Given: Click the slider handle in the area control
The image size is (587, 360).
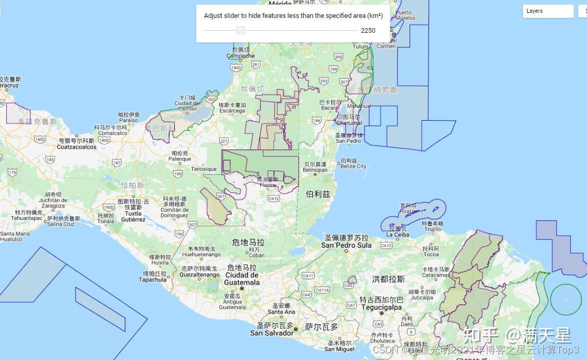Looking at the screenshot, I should click(x=241, y=31).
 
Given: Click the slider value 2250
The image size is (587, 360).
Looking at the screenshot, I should click(x=368, y=31).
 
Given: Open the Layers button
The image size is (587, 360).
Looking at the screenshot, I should click(x=548, y=11).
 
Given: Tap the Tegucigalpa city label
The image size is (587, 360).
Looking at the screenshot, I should click(x=381, y=307).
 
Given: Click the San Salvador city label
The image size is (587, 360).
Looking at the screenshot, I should click(x=272, y=333).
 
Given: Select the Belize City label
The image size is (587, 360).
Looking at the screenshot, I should click(x=353, y=166).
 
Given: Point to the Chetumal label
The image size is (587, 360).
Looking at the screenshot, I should click(x=349, y=123).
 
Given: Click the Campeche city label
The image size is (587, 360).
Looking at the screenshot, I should click(x=240, y=56).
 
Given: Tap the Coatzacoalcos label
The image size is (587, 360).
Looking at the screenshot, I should click(x=77, y=147).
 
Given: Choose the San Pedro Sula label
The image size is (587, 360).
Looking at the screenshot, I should click(x=346, y=245).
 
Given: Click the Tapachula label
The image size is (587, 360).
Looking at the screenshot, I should click(x=152, y=280).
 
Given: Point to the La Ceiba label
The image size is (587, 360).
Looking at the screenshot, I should click(x=398, y=235).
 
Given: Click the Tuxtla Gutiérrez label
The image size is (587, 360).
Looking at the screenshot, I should click(x=133, y=216).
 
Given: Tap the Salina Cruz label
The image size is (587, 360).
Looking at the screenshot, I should click(x=60, y=224).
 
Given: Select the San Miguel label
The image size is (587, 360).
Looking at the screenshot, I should click(x=339, y=349).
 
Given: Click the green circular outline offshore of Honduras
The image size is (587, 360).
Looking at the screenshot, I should click(x=567, y=299).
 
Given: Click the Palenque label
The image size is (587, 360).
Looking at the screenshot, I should click(x=179, y=159).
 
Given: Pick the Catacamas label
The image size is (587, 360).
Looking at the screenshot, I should click(x=436, y=275).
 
